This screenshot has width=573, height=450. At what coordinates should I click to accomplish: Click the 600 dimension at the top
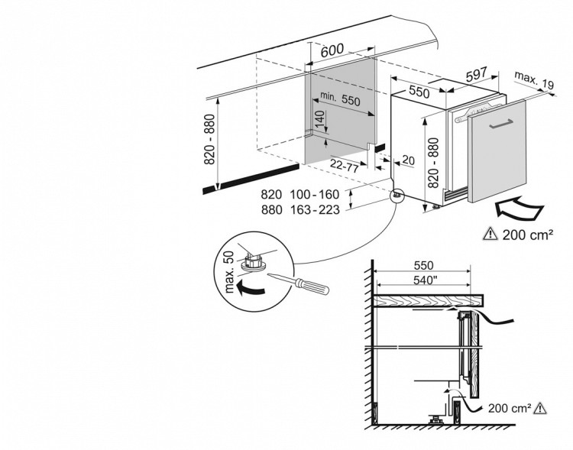click(x=330, y=51)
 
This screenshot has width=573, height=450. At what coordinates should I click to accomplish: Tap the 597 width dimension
click(x=476, y=75)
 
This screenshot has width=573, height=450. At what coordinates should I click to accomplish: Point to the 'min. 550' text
click(x=339, y=99)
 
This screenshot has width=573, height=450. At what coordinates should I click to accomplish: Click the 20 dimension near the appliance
click(x=408, y=160)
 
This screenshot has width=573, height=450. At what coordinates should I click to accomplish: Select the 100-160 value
click(x=312, y=194)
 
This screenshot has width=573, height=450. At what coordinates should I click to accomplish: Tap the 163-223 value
click(x=312, y=211)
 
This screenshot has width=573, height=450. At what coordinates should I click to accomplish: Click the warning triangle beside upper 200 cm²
click(x=490, y=234)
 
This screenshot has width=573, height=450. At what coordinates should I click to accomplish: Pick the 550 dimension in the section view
click(x=422, y=265)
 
